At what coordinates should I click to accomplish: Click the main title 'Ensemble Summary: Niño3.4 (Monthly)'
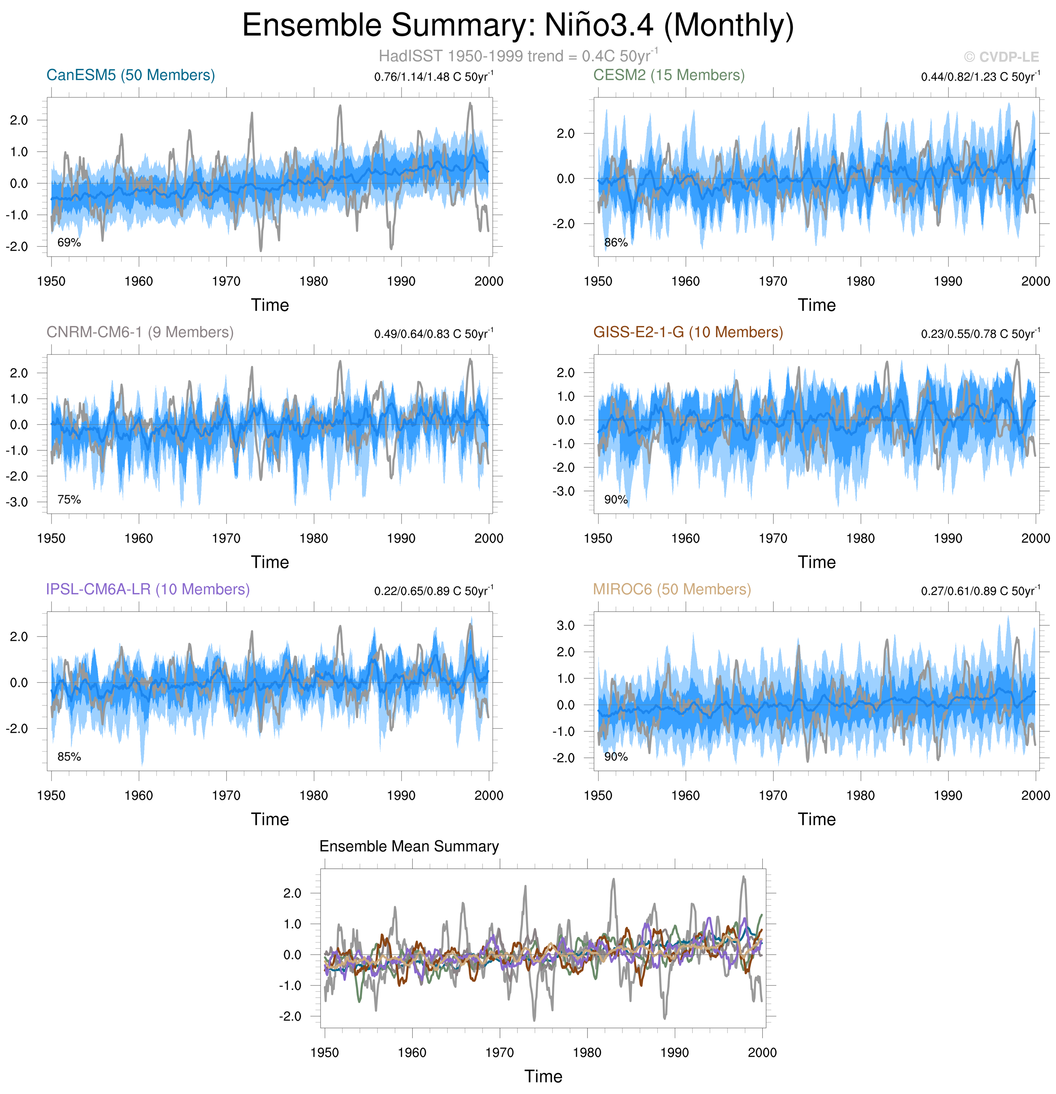518,26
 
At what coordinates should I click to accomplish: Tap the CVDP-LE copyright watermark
1001,57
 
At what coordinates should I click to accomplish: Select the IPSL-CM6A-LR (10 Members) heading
148,589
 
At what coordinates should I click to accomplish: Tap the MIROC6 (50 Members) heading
672,589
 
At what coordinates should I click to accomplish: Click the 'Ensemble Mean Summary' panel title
409,846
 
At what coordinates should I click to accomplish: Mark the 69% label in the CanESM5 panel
69,242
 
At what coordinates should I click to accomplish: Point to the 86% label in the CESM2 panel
616,242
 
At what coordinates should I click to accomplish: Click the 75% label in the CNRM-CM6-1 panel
69,500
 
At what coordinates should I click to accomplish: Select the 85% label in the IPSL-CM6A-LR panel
69,757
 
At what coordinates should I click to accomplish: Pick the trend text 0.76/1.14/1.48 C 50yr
434,76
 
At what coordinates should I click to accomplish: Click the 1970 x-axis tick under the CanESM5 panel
226,281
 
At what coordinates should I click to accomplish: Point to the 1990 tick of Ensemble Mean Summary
674,1053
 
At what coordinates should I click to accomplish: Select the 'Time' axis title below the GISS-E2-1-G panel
816,562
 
